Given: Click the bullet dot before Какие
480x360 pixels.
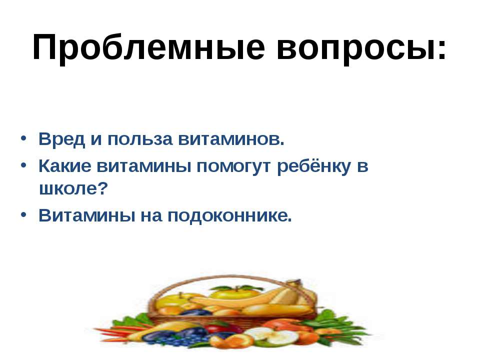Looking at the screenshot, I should click(24, 166).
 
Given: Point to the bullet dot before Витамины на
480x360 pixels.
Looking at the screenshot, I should click(24, 215).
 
